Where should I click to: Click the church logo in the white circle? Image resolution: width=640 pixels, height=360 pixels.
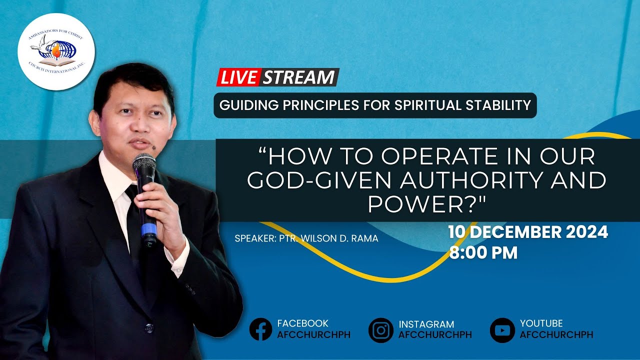click(56, 52)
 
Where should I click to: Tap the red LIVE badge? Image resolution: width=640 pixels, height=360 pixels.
click(239, 77)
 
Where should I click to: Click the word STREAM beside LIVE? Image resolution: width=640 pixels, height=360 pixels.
click(299, 77)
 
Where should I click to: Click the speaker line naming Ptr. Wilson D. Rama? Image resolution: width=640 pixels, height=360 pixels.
click(306, 238)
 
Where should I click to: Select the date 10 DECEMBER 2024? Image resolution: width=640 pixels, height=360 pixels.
click(528, 232)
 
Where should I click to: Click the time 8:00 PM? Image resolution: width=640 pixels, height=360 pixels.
click(483, 252)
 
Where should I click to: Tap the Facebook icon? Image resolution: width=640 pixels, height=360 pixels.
click(260, 329)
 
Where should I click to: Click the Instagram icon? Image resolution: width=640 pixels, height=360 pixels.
click(381, 330)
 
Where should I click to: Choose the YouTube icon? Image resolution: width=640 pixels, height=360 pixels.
click(502, 330)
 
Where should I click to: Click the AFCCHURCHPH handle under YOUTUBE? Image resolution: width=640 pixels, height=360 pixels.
click(556, 335)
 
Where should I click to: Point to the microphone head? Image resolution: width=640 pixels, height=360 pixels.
click(144, 165)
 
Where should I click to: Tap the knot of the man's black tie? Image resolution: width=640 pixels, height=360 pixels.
click(132, 191)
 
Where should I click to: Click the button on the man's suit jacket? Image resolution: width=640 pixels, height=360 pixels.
click(148, 328)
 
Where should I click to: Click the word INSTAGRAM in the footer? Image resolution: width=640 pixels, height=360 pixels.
click(426, 324)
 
